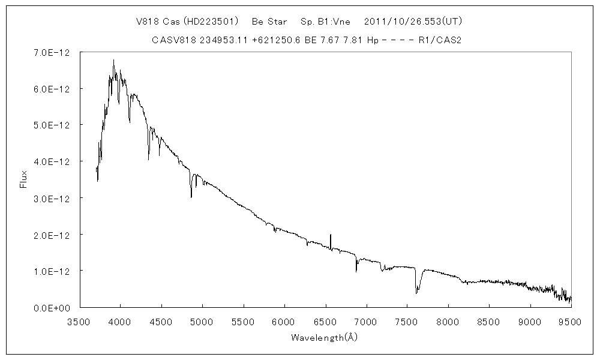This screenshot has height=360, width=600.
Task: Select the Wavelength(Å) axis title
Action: pyautogui.click(x=325, y=337)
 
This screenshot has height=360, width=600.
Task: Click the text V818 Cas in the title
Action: pyautogui.click(x=155, y=21)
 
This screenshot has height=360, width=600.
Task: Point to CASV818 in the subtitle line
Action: pyautogui.click(x=172, y=40)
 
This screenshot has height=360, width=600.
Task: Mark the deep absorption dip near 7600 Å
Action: pyautogui.click(x=416, y=291)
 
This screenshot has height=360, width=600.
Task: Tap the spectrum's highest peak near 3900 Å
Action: pyautogui.click(x=113, y=61)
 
